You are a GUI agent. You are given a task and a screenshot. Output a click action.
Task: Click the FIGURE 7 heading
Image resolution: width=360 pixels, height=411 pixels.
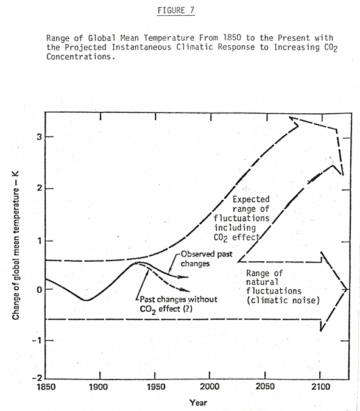pyautogui.click(x=176, y=10)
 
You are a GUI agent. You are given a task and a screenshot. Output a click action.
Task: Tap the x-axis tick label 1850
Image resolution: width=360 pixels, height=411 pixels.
pyautogui.click(x=46, y=387)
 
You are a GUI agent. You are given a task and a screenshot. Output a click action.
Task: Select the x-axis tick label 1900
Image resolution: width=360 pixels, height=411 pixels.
pyautogui.click(x=98, y=387)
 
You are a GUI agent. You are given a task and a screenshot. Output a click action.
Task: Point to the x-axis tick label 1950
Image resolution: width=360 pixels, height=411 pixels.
pyautogui.click(x=156, y=387)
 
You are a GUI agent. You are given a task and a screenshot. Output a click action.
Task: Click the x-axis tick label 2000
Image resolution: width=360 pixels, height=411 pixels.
pyautogui.click(x=210, y=387)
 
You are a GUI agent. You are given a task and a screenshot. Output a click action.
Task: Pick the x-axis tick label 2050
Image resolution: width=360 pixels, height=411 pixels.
pyautogui.click(x=265, y=387)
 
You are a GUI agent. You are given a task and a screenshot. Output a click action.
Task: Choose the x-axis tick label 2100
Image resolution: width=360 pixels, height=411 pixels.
pyautogui.click(x=320, y=387)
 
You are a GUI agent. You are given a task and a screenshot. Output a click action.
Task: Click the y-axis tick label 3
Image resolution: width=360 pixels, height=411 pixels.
pyautogui.click(x=39, y=136)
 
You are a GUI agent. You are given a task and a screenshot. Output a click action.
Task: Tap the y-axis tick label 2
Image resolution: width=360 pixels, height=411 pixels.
pyautogui.click(x=39, y=188)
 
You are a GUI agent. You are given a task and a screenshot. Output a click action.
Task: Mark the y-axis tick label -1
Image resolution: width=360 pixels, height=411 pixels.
pyautogui.click(x=37, y=340)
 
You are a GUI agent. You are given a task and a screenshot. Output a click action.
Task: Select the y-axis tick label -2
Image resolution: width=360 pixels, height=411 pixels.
pyautogui.click(x=37, y=378)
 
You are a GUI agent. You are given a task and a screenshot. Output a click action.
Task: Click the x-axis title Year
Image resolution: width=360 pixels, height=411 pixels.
pyautogui.click(x=198, y=402)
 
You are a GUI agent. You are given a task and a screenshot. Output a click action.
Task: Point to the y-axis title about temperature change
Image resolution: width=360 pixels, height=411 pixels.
pyautogui.click(x=15, y=245)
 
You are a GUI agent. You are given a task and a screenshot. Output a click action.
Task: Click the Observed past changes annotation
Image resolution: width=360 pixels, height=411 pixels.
pyautogui.click(x=206, y=258)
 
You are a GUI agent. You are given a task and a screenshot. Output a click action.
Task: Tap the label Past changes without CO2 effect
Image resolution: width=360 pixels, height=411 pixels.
pyautogui.click(x=178, y=304)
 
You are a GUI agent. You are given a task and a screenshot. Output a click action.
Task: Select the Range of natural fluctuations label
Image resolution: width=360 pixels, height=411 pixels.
pyautogui.click(x=283, y=287)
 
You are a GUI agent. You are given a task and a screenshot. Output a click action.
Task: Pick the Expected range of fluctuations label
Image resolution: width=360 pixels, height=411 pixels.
pyautogui.click(x=241, y=219)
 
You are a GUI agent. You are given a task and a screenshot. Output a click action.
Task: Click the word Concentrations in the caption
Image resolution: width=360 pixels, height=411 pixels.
pyautogui.click(x=81, y=57)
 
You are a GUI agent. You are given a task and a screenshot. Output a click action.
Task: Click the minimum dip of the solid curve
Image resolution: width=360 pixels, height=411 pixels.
pyautogui.click(x=86, y=300)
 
